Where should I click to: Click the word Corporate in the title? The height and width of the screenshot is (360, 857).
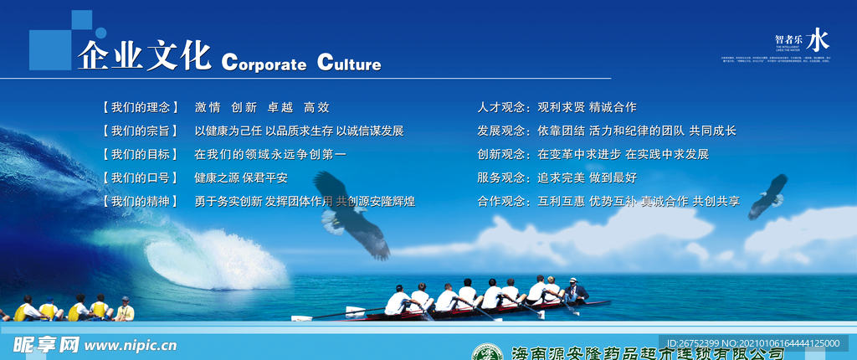[x=264, y=64]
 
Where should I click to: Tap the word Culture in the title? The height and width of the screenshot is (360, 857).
[x=349, y=64]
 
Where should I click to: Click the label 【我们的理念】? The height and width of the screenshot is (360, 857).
[x=141, y=107]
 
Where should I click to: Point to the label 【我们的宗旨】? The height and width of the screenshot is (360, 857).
[x=141, y=131]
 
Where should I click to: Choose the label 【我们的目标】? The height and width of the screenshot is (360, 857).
[x=141, y=154]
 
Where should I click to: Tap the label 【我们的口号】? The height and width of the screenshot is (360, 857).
[x=141, y=177]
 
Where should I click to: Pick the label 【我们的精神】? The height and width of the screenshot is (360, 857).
[x=141, y=201]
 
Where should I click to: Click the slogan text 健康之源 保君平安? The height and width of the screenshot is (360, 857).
[x=241, y=177]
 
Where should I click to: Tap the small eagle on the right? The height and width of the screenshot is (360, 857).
[x=768, y=196]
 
